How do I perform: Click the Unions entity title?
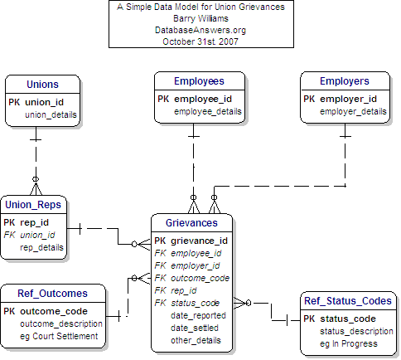(42, 85)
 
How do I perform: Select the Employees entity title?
(199, 81)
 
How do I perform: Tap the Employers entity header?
(345, 81)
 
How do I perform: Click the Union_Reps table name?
(31, 205)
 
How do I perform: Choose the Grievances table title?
(191, 223)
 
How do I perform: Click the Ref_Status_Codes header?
(347, 301)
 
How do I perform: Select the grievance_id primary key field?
(199, 241)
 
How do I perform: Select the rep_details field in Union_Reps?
(42, 247)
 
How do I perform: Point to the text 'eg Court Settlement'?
(59, 336)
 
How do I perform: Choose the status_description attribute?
(356, 331)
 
